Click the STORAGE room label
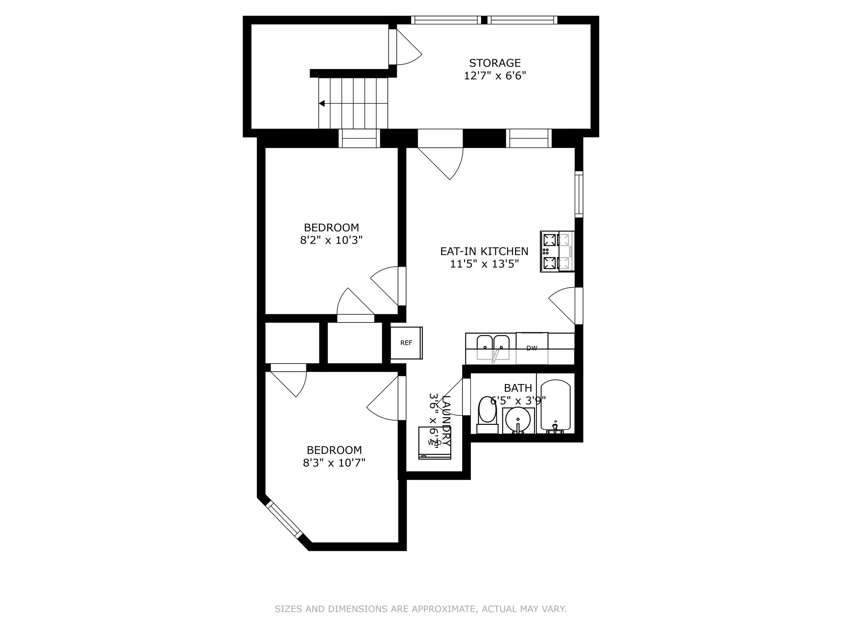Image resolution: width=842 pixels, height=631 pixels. pos(495,63)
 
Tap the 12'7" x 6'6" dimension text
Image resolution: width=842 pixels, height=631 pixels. pos(495,76)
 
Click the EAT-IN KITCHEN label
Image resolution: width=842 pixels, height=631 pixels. pos(484,251)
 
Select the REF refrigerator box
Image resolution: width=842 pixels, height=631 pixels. pos(406,343)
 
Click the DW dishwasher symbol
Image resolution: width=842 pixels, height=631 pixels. pos(532,348)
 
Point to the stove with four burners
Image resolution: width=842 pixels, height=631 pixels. pos(557,251)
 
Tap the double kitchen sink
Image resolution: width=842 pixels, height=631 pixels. pos(493,348)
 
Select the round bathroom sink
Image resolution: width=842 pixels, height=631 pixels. pos(518,420)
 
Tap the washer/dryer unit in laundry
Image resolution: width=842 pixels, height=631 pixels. pos(434,443)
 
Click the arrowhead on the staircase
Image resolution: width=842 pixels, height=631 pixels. pos(322,104)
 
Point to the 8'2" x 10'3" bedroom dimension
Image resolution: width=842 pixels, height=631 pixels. pos(331,240)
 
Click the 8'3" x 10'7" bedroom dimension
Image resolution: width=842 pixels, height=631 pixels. pos(334,463)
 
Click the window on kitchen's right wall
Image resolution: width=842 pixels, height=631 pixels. pos(579,194)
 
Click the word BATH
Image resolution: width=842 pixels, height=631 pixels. pos(518,388)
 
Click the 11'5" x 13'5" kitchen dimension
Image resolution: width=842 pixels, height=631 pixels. pos(484,264)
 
